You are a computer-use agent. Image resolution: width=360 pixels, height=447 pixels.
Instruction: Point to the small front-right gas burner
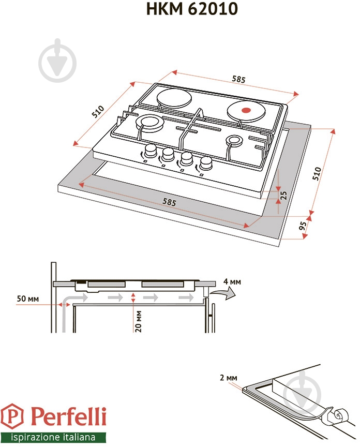pyautogui.click(x=234, y=141)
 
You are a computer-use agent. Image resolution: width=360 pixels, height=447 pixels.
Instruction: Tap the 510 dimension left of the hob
pyautogui.click(x=98, y=112)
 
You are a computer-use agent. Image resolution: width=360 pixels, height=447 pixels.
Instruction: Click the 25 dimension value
pyautogui.click(x=283, y=195)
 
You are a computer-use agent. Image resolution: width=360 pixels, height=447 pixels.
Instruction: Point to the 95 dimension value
pyautogui.click(x=303, y=226)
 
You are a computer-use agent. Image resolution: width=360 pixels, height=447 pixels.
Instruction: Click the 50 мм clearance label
pyautogui.click(x=28, y=299)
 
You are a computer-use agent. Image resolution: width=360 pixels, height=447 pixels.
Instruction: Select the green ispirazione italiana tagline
pyautogui.click(x=53, y=436)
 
